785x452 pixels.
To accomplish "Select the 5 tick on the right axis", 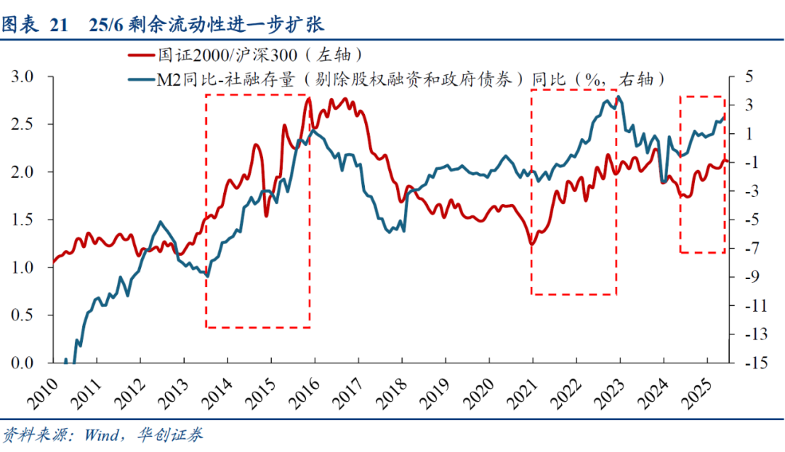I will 749,77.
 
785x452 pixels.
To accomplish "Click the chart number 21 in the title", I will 58,25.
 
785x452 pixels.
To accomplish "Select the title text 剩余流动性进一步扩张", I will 225,25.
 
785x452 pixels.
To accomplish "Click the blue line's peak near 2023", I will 619,96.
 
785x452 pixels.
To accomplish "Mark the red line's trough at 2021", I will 531,244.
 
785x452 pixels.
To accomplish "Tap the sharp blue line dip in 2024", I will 664,179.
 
